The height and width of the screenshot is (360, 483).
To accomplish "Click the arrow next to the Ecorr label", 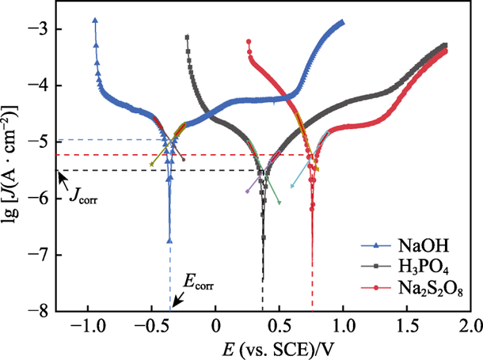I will pyautogui.click(x=177, y=300).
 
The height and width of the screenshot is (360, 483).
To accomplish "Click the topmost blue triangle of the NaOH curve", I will pyautogui.click(x=95, y=21).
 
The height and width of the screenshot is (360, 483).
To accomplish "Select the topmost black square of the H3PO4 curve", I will pyautogui.click(x=187, y=37).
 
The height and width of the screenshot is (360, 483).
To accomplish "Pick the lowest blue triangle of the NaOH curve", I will pyautogui.click(x=169, y=240).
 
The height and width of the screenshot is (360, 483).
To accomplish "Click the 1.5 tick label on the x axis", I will pyautogui.click(x=407, y=325).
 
